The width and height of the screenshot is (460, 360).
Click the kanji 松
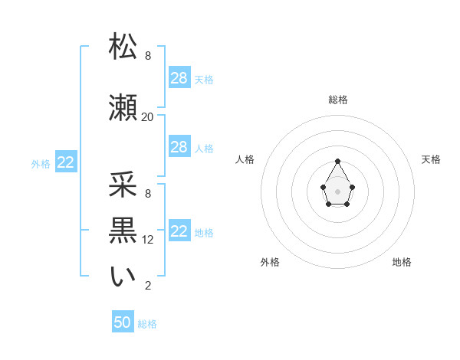tap(123, 47)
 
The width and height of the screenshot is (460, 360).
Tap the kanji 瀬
tap(123, 108)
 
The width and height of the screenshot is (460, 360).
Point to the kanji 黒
tap(123, 231)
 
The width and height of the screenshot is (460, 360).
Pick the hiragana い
tap(123, 277)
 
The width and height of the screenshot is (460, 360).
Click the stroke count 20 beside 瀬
tap(147, 117)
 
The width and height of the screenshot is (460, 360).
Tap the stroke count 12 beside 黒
tap(148, 240)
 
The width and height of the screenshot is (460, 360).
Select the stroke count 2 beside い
tap(147, 286)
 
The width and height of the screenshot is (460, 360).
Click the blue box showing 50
tap(123, 322)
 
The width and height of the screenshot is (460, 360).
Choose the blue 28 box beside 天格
tap(179, 78)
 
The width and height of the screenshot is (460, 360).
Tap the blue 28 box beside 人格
tap(179, 147)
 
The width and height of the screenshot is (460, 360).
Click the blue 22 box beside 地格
tap(179, 231)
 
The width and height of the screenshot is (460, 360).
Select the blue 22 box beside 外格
tap(66, 162)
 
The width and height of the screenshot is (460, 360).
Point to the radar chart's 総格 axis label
tap(338, 100)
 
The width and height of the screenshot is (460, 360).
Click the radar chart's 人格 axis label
tap(245, 159)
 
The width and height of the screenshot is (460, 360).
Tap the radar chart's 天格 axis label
tap(431, 159)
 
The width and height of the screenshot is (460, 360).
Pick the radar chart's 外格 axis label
tap(270, 262)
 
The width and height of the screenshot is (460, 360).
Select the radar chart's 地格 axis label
tap(402, 262)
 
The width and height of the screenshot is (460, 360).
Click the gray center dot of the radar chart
tap(338, 190)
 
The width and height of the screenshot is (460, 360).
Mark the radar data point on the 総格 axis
tap(338, 161)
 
